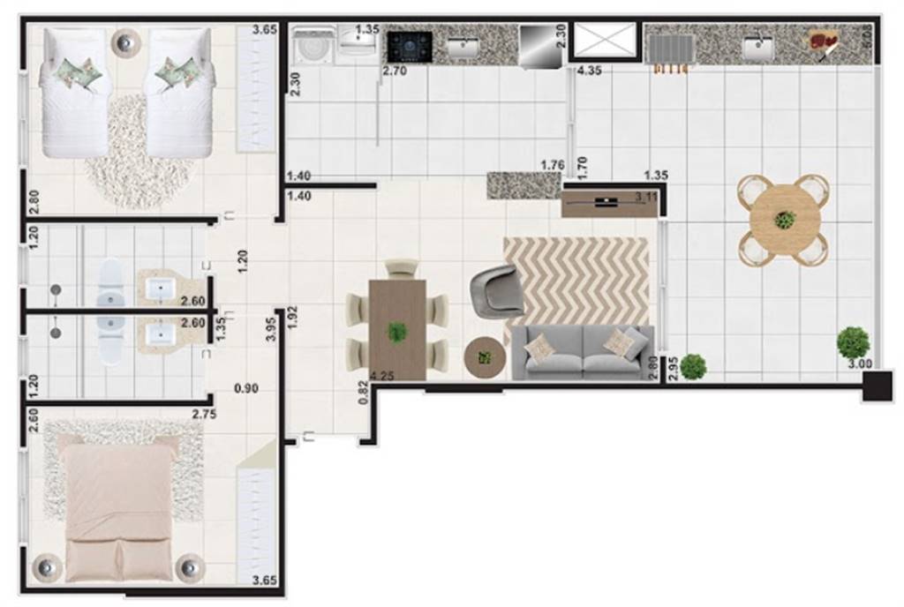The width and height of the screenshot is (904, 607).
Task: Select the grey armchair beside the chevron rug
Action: tap(497, 290)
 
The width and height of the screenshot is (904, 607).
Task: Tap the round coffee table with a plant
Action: tap(484, 356)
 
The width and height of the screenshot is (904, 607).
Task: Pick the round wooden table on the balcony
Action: tap(783, 220)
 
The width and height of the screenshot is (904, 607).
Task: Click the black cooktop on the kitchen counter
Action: tap(411, 45)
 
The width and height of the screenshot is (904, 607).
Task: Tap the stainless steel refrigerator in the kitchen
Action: tap(540, 45)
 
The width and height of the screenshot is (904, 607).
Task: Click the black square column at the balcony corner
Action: tap(879, 387)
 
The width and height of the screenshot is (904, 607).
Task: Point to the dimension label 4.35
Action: tap(591, 70)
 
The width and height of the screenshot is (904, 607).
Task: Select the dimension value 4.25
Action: tap(383, 377)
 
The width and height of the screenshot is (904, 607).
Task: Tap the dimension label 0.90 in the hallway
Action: tap(246, 387)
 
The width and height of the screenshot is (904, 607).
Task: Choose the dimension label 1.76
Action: tap(552, 165)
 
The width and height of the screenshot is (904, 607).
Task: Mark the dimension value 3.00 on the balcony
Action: tap(860, 364)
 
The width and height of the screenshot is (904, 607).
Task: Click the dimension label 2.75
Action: tap(206, 412)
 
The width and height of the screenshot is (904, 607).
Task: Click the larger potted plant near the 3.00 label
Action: tap(853, 341)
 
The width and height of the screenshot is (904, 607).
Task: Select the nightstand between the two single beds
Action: tap(125, 41)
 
